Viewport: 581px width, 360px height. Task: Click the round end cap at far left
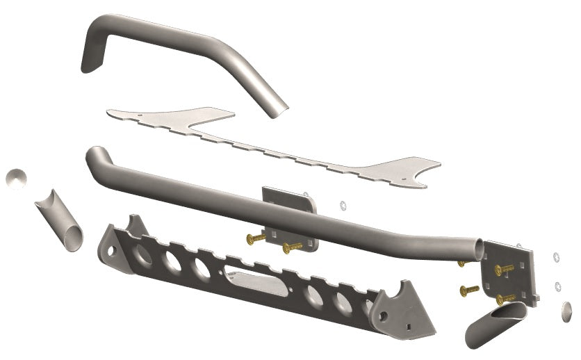click(x=16, y=177)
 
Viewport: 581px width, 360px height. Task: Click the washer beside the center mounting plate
click(x=341, y=205)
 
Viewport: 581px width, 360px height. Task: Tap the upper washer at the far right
click(x=555, y=258)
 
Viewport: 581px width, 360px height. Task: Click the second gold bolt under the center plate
click(x=291, y=247)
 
